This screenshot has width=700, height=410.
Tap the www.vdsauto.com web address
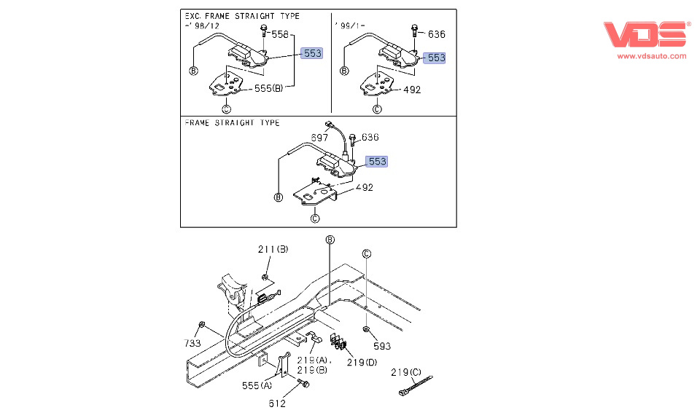click(652, 55)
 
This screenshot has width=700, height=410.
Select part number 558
click(280, 34)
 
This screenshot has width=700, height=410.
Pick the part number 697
click(320, 138)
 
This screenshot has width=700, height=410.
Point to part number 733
click(193, 343)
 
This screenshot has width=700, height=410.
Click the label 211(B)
click(273, 249)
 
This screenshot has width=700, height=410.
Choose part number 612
click(276, 403)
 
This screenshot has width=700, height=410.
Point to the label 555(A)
click(257, 385)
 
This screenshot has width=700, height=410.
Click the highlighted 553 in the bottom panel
click(377, 161)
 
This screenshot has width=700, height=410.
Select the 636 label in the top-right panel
click(436, 34)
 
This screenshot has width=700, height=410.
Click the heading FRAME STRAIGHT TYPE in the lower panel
click(232, 123)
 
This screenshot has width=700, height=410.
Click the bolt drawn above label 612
click(303, 383)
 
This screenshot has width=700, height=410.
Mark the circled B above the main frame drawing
click(330, 240)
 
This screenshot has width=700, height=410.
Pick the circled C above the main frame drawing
click(367, 253)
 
